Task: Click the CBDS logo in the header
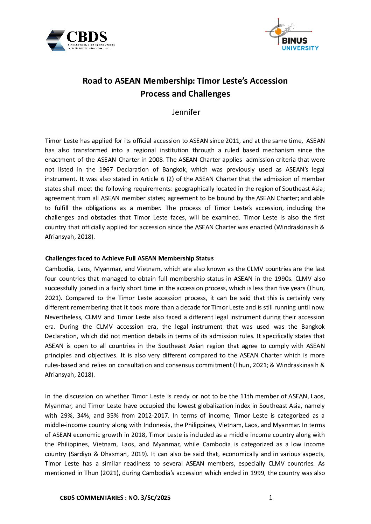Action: pos(80,40)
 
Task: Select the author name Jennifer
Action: pos(186,112)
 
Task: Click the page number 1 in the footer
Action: pos(270,497)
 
